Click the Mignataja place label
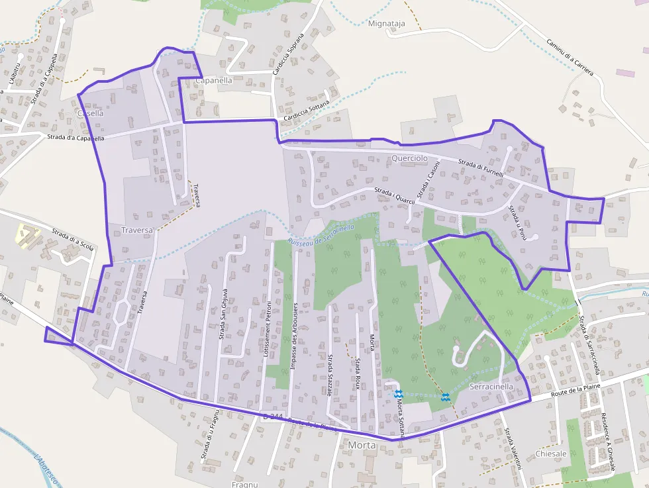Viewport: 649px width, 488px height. tap(385, 23)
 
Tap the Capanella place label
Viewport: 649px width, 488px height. tap(214, 80)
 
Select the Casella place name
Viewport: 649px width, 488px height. tap(90, 113)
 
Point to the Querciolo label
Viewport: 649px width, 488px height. tap(410, 158)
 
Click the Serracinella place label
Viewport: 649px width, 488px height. tap(491, 386)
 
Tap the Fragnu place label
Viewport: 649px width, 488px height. tap(244, 484)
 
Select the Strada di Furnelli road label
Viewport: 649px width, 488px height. tap(481, 168)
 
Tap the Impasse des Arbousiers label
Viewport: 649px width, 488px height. tap(293, 345)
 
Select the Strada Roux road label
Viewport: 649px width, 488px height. tap(357, 373)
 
